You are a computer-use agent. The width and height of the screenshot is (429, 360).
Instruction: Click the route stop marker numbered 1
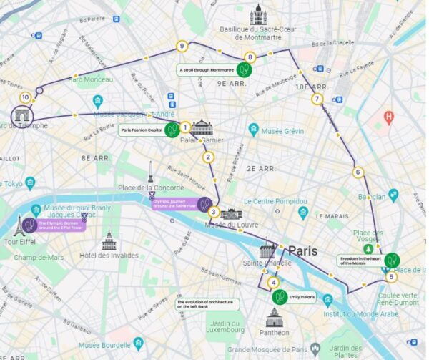pos(184,128)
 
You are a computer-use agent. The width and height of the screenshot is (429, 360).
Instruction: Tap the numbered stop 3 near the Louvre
pos(213,211)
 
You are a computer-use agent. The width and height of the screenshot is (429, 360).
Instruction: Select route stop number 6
pos(357,172)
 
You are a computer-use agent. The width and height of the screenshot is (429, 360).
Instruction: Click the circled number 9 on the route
pos(182,47)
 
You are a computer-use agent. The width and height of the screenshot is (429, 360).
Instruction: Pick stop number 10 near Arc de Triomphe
pos(26,97)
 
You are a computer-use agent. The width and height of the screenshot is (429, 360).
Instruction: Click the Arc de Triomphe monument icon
pos(22,115)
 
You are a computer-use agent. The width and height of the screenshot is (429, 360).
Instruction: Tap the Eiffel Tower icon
pos(19,226)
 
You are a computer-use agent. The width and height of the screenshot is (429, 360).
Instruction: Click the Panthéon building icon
pos(275,317)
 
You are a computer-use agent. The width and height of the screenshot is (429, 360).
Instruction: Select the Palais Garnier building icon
pos(202,129)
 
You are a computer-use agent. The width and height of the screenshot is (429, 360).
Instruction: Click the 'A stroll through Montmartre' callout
pos(207,70)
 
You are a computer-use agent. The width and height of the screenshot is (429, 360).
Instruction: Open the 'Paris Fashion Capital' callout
pos(143,130)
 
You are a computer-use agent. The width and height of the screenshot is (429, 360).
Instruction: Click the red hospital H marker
pos(389,116)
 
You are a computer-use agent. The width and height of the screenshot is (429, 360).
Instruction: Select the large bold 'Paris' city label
pos(302,251)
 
